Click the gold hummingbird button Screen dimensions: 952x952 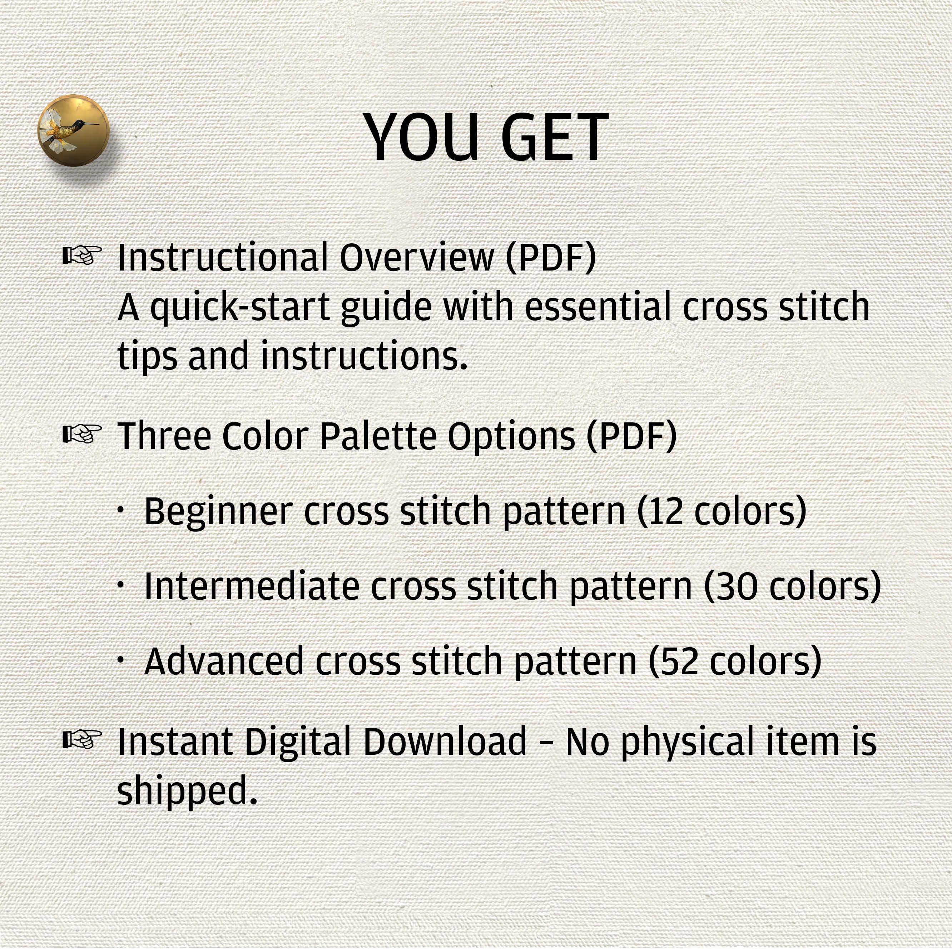tap(73, 130)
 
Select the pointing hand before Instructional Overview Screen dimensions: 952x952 tap(82, 255)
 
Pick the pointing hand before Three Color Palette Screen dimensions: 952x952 tap(82, 433)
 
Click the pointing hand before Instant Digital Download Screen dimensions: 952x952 tap(82, 739)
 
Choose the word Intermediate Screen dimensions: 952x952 tap(251, 586)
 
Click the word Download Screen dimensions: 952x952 tap(445, 741)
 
